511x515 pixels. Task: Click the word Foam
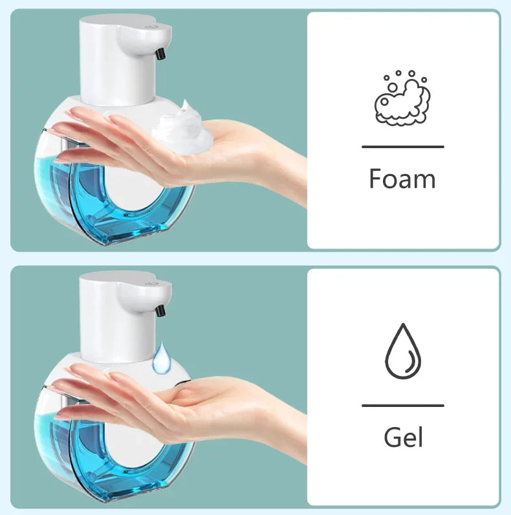(x=402, y=179)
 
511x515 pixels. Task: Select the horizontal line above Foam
(x=402, y=147)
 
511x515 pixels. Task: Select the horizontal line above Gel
(x=402, y=406)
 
